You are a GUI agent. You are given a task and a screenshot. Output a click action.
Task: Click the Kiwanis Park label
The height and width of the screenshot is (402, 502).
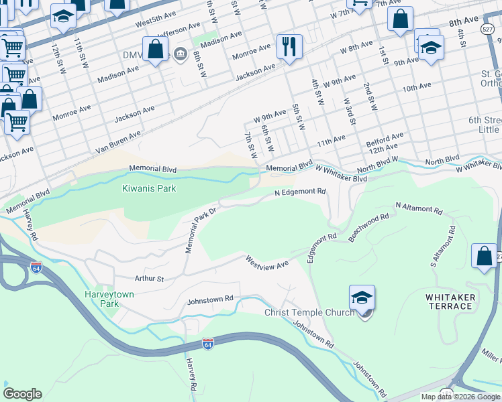[149, 188]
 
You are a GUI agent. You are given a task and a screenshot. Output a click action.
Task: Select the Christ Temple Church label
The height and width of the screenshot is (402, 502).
[309, 313]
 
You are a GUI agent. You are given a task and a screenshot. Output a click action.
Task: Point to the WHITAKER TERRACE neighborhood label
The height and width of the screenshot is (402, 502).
[450, 301]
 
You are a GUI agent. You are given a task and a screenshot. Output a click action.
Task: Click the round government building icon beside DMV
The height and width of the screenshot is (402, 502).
[180, 54]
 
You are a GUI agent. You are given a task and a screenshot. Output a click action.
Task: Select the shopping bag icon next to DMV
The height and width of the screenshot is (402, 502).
[155, 50]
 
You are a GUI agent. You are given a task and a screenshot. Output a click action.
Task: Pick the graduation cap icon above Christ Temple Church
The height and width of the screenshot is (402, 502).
[362, 297]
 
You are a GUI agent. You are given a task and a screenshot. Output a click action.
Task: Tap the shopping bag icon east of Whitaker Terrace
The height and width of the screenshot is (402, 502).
[484, 257]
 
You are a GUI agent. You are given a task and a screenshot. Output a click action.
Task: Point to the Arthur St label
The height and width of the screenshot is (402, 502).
[149, 277]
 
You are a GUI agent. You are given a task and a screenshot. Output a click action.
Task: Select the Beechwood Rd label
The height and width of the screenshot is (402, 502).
[369, 226]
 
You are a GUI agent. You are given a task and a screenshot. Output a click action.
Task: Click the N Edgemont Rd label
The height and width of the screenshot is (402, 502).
[300, 192]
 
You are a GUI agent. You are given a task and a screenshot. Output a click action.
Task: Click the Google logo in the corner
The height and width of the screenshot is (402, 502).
[23, 393]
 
